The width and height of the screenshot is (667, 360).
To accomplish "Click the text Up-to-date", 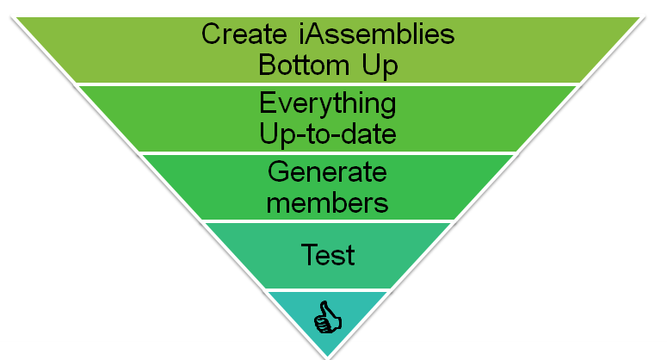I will point(328,135).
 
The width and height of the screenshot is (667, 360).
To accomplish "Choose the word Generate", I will point(328,172).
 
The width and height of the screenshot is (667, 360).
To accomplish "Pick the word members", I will point(328,203).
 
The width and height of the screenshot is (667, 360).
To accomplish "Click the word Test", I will point(328,255).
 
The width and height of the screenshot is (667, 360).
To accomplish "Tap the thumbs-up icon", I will point(328,318).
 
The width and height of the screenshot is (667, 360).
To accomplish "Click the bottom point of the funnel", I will point(328,356).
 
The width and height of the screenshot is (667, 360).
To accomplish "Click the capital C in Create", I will point(211,35).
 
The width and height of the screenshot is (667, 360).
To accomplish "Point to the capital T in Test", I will point(307,255).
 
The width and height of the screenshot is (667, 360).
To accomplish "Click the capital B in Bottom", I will point(268,65).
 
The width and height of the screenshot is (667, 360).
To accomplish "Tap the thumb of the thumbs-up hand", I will point(325,307).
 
